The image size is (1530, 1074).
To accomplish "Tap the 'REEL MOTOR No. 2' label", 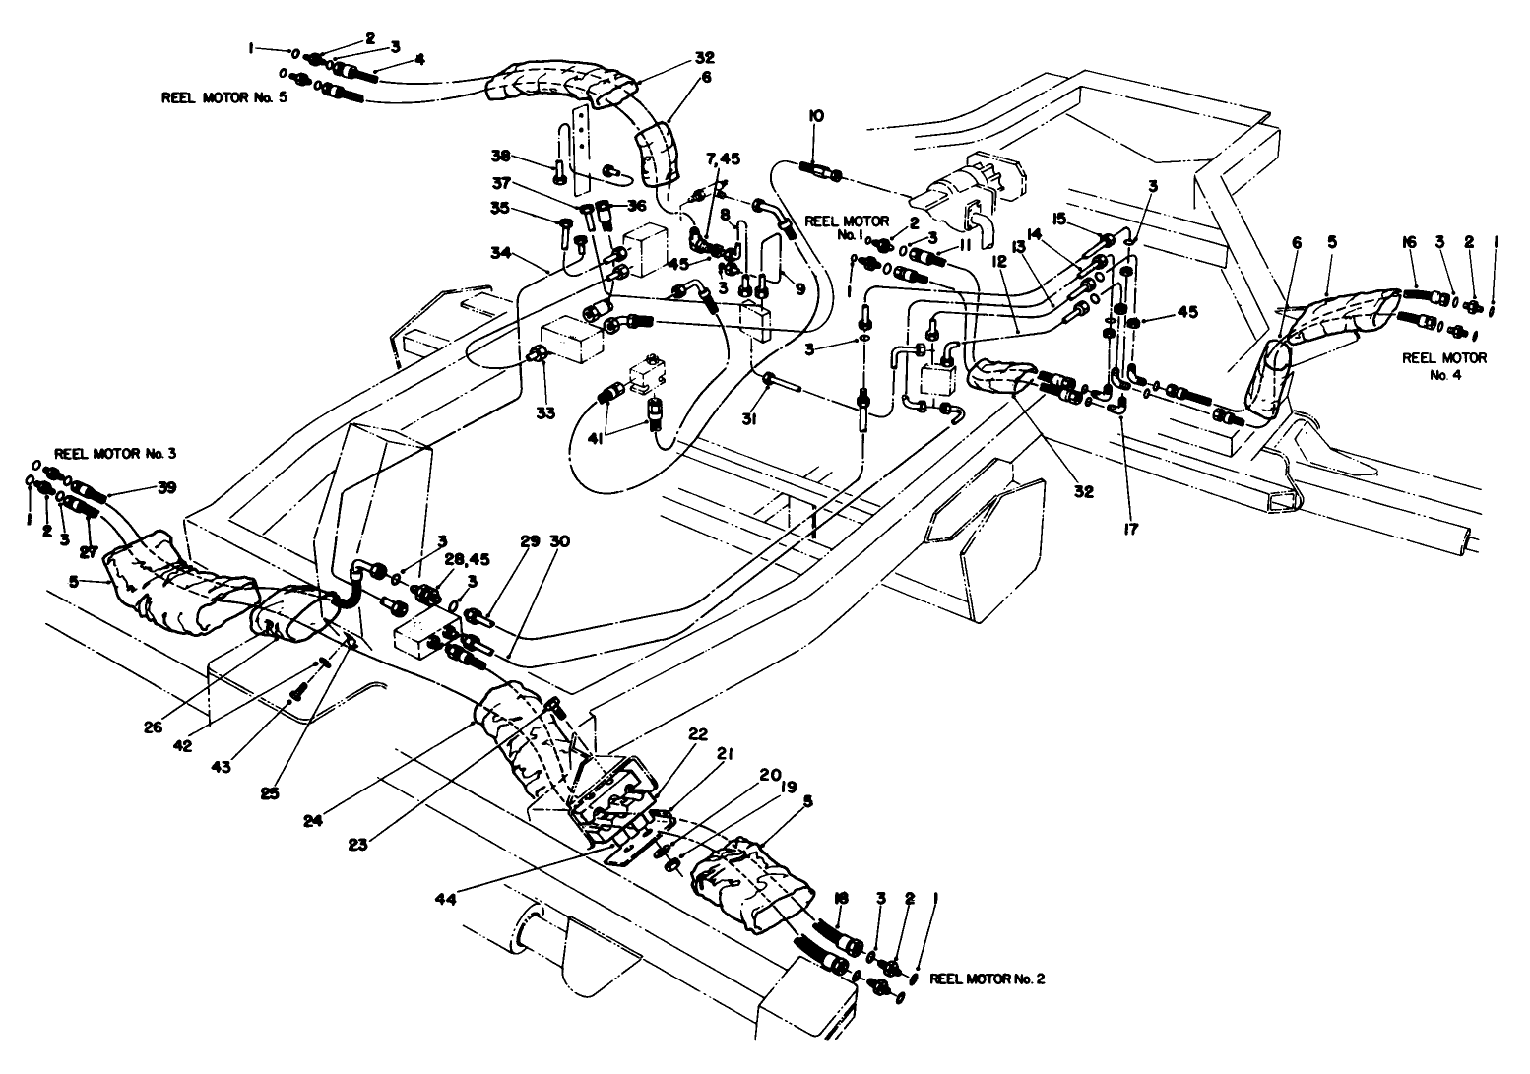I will point(988,979).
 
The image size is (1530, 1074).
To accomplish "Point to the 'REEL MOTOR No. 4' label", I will point(1443,366).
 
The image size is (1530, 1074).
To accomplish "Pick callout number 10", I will point(816,116).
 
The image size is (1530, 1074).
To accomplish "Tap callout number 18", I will point(840,900).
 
